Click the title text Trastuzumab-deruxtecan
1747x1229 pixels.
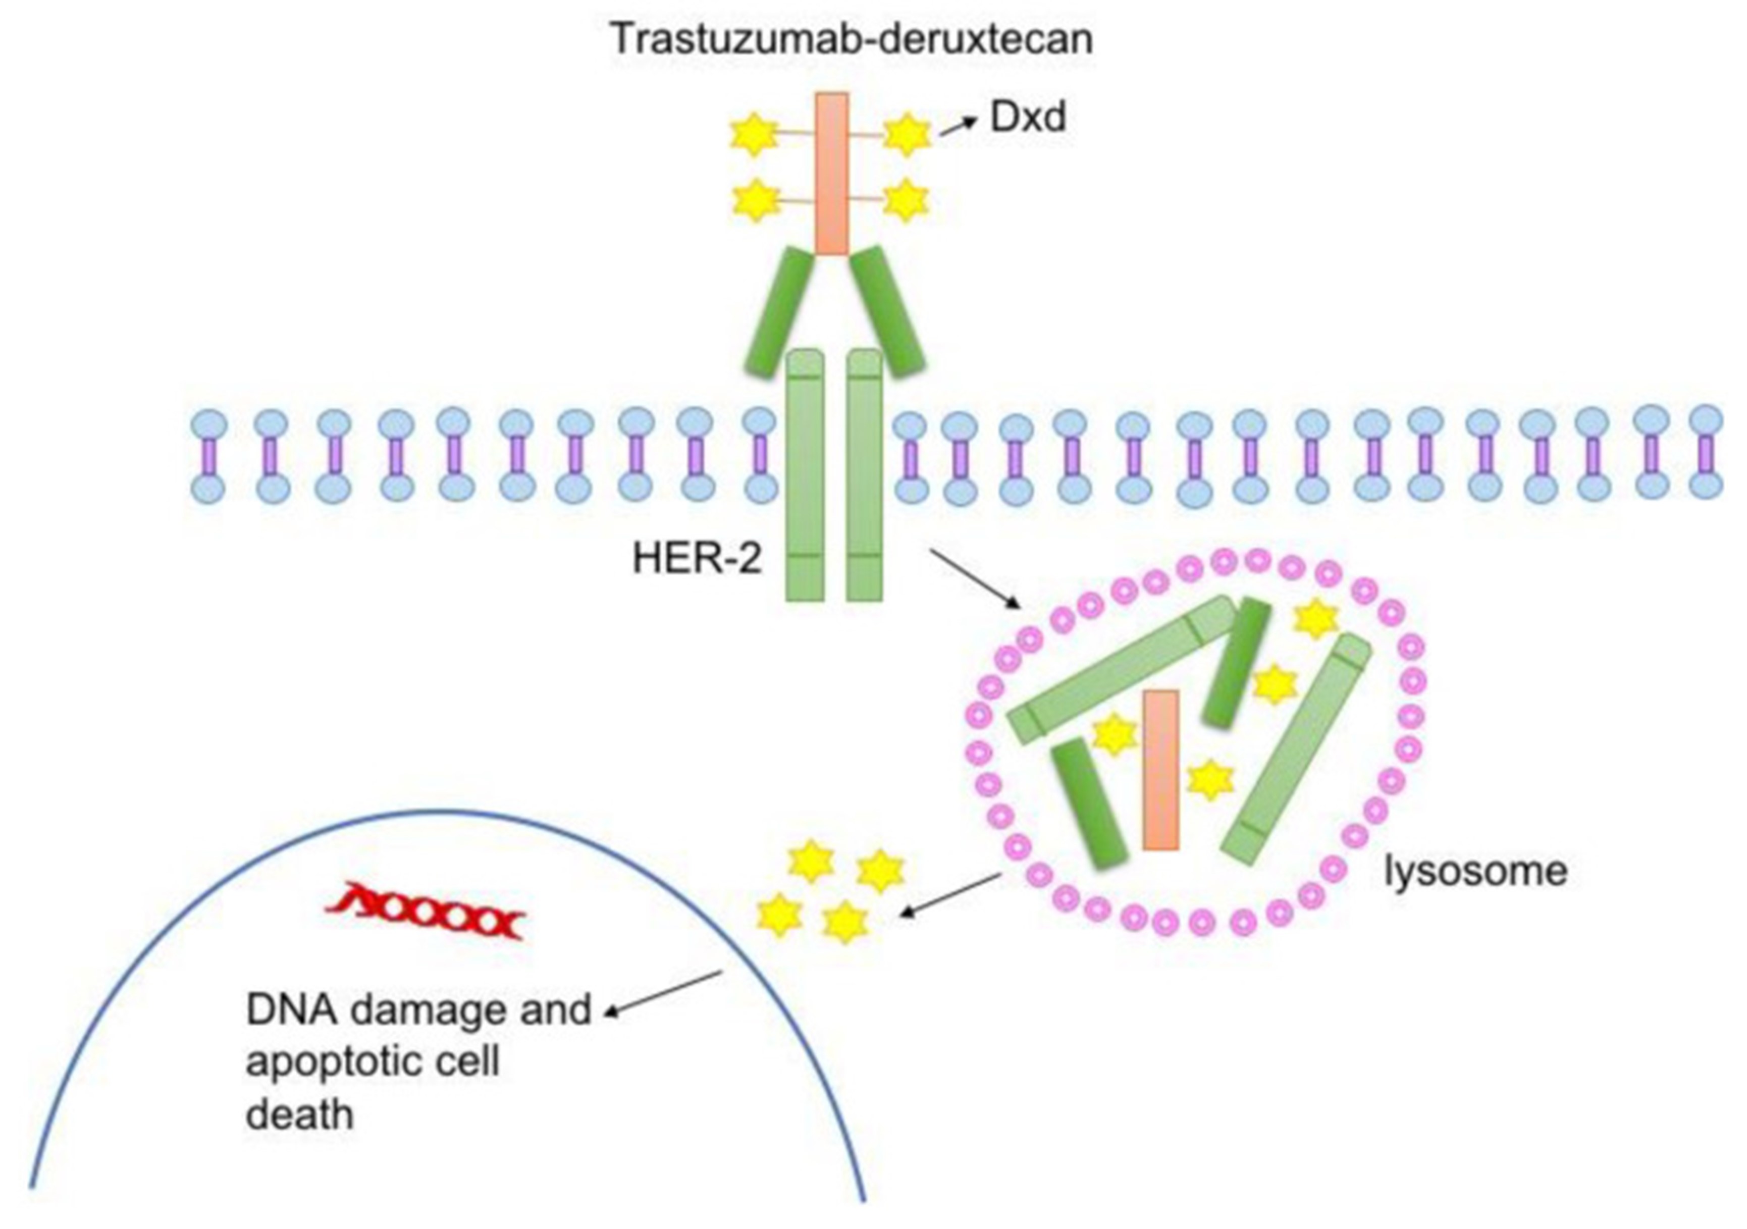[x=852, y=39]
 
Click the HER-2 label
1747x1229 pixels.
[x=696, y=559]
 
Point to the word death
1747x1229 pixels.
[x=300, y=1115]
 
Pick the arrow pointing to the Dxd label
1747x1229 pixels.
[x=957, y=127]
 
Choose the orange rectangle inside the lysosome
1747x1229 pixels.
[x=1160, y=769]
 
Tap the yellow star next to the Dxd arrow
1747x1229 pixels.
[x=906, y=134]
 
